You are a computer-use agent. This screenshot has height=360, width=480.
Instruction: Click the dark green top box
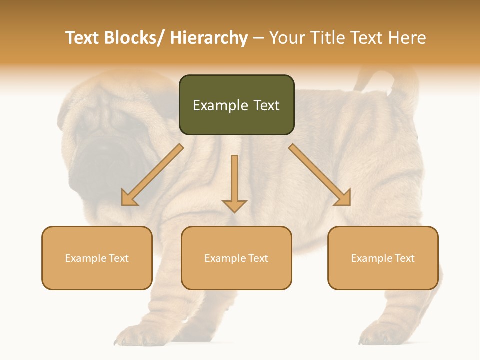(236, 105)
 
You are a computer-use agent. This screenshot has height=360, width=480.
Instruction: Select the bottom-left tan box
(97, 258)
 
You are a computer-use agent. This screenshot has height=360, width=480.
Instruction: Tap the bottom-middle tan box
(236, 258)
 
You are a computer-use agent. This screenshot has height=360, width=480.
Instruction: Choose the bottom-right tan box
(383, 258)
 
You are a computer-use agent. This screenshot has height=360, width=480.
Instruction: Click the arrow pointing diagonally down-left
(152, 175)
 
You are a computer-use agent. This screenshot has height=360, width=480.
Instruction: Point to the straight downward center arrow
(234, 183)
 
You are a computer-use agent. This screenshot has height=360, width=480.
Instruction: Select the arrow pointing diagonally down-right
(320, 175)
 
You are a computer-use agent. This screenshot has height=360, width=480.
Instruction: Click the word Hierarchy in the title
(209, 38)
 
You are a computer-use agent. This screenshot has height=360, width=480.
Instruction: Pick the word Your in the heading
(287, 38)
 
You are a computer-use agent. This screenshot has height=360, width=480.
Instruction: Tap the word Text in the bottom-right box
(404, 258)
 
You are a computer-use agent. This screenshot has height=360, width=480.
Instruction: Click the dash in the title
(258, 38)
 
